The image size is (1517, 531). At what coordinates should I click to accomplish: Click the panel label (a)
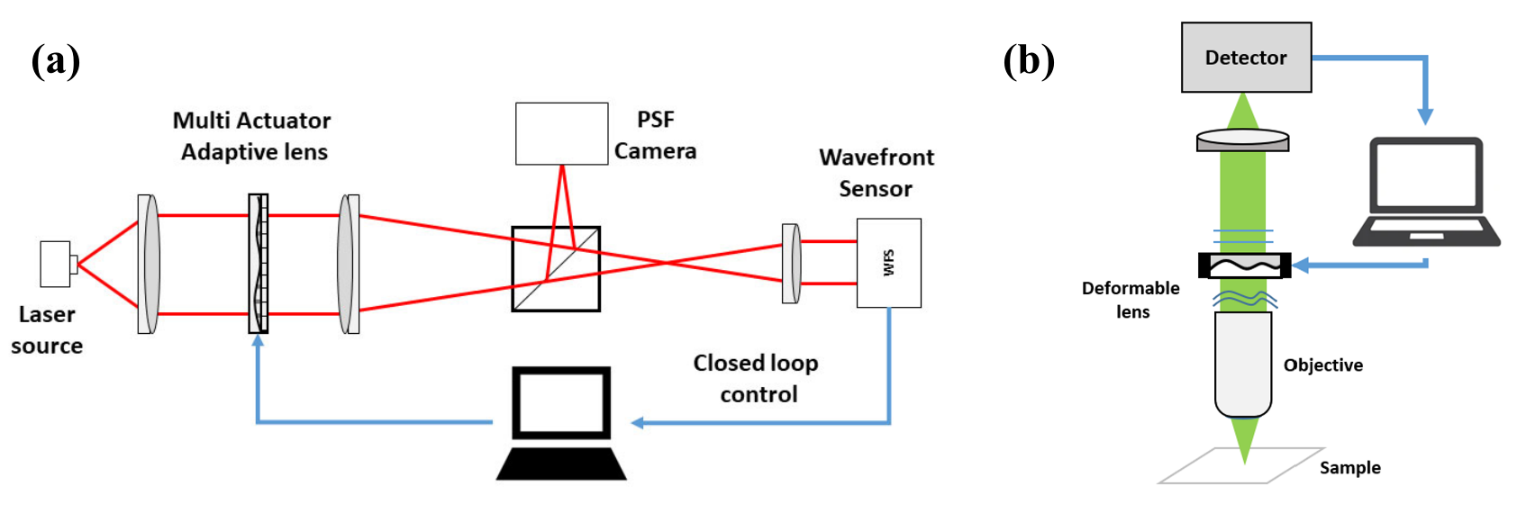coord(55,62)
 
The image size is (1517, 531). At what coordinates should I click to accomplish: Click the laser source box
coord(56,264)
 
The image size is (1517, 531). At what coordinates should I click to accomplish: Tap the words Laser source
coord(47,329)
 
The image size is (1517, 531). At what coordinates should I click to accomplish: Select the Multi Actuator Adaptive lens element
coord(259,264)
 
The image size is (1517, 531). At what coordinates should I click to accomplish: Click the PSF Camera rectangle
coord(561,133)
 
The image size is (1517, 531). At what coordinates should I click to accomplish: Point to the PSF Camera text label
coord(655,135)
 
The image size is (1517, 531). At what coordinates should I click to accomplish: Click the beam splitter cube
coord(556,269)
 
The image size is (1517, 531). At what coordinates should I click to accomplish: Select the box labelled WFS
coord(888,263)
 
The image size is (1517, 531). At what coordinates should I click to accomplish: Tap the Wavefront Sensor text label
coord(876,173)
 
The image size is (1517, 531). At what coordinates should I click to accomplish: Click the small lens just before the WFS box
coord(791,264)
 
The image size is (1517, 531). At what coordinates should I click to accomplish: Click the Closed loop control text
coord(757,378)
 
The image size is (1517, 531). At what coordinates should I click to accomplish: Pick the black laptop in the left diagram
coord(561,422)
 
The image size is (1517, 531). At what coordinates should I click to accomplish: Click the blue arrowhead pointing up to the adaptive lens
coord(259,342)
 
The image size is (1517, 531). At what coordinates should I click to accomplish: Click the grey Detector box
coord(1246,58)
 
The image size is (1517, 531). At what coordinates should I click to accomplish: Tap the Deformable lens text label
coord(1131,300)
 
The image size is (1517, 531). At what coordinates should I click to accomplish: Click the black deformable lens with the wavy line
coord(1244,265)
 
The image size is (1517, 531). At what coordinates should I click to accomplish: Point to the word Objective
coord(1322,364)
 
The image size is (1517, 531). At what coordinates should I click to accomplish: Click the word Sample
coord(1349,467)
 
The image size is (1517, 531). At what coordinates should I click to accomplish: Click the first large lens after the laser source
coord(149,264)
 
